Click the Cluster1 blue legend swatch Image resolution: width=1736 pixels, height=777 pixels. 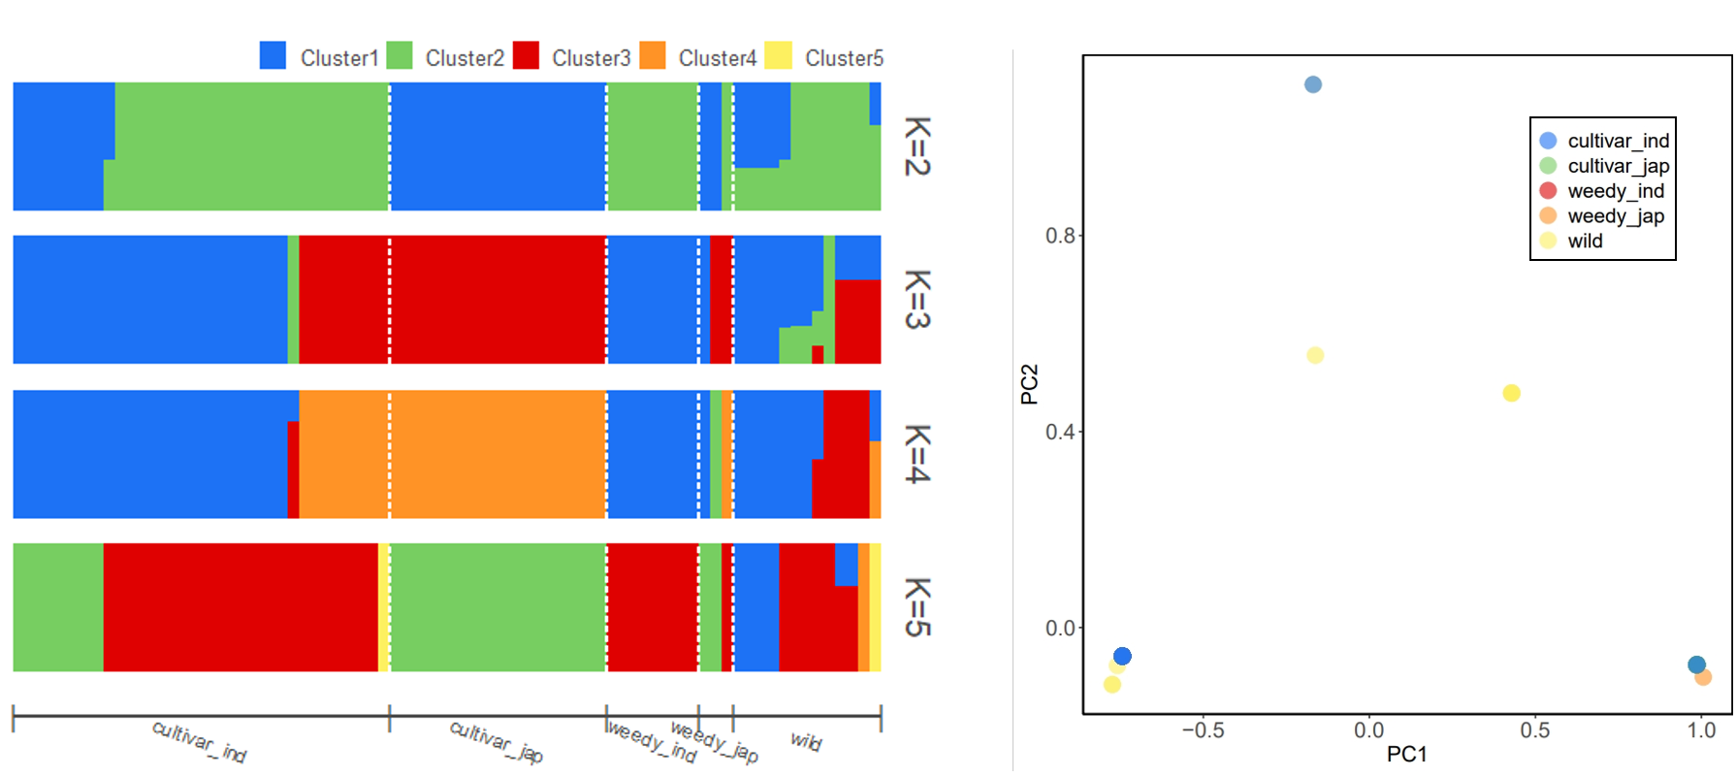[x=273, y=55]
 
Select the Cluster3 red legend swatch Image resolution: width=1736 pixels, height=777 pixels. [x=526, y=55]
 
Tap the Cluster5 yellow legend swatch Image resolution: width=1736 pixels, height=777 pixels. [x=778, y=55]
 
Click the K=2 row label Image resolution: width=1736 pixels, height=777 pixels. [x=916, y=146]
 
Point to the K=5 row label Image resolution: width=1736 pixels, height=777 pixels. [x=916, y=607]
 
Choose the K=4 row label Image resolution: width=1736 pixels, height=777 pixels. [x=916, y=453]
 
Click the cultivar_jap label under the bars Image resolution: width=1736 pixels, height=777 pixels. [x=496, y=741]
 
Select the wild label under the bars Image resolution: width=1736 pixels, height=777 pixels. [x=806, y=741]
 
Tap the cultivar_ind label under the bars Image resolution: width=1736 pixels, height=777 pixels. [x=199, y=741]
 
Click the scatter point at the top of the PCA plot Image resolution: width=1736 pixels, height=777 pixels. [x=1313, y=84]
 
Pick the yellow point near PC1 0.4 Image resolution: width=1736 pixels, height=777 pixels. [x=1511, y=393]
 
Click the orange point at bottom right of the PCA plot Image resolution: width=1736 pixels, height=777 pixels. [x=1703, y=677]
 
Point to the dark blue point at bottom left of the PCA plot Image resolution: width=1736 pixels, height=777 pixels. [x=1122, y=657]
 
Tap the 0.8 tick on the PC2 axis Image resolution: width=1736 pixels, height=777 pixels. [x=1060, y=236]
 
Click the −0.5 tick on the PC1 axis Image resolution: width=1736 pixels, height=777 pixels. [x=1203, y=730]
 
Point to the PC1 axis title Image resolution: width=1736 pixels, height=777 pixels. [x=1407, y=755]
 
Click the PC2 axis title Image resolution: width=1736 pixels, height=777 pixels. [x=1029, y=384]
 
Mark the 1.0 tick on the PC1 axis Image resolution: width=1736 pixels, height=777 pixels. [x=1701, y=730]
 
